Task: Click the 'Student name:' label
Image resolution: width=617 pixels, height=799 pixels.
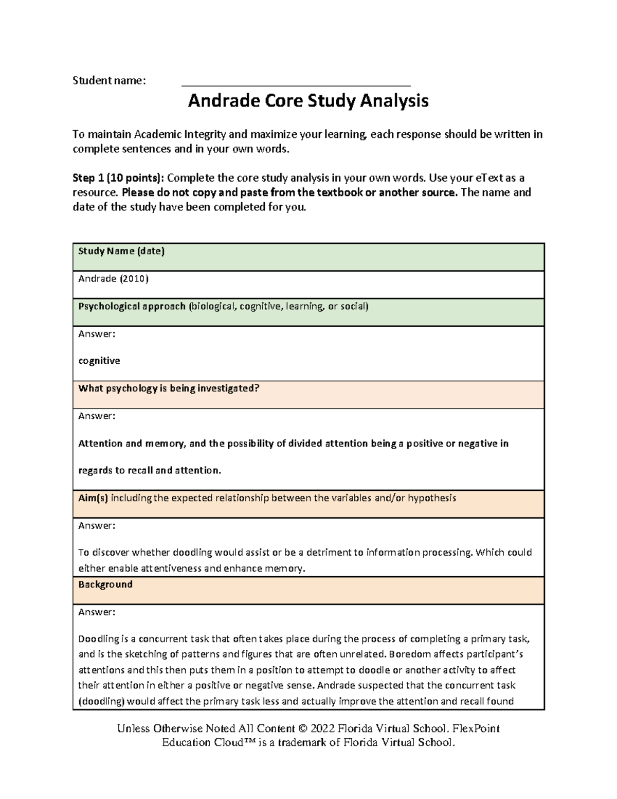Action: (109, 80)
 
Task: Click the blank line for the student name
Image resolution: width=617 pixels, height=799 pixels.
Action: (296, 84)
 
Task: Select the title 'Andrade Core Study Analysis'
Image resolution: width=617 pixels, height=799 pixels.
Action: (308, 101)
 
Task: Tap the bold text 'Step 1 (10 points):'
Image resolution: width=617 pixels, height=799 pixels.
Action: (118, 178)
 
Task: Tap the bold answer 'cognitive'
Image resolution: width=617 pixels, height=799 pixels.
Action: (99, 361)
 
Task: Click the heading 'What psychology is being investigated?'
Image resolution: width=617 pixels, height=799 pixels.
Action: (169, 388)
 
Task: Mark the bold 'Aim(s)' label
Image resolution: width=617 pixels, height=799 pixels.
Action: (93, 498)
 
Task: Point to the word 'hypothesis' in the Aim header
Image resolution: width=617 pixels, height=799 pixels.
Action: (432, 498)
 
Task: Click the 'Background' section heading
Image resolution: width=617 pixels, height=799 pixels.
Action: (105, 584)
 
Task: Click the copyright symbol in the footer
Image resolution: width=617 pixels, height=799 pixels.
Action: (302, 729)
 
